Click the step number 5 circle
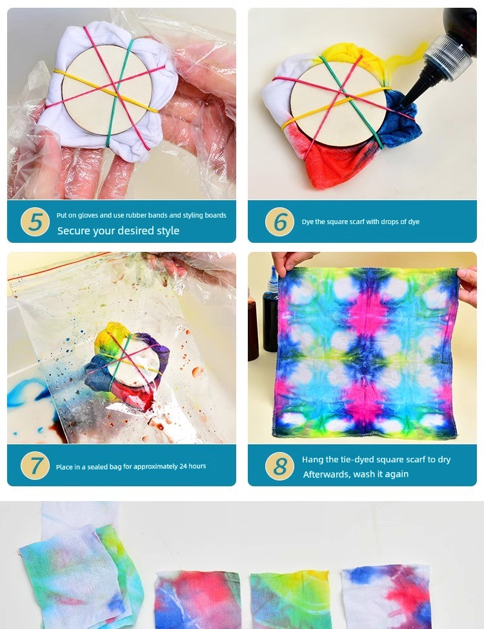(x=35, y=222)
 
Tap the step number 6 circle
(x=280, y=222)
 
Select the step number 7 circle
(x=35, y=466)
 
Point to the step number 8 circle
(x=280, y=466)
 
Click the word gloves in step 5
(x=88, y=216)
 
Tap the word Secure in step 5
(x=74, y=231)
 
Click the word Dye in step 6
(x=308, y=222)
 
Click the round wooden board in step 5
(x=108, y=90)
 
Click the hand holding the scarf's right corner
(x=468, y=285)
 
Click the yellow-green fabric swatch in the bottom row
(x=290, y=599)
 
